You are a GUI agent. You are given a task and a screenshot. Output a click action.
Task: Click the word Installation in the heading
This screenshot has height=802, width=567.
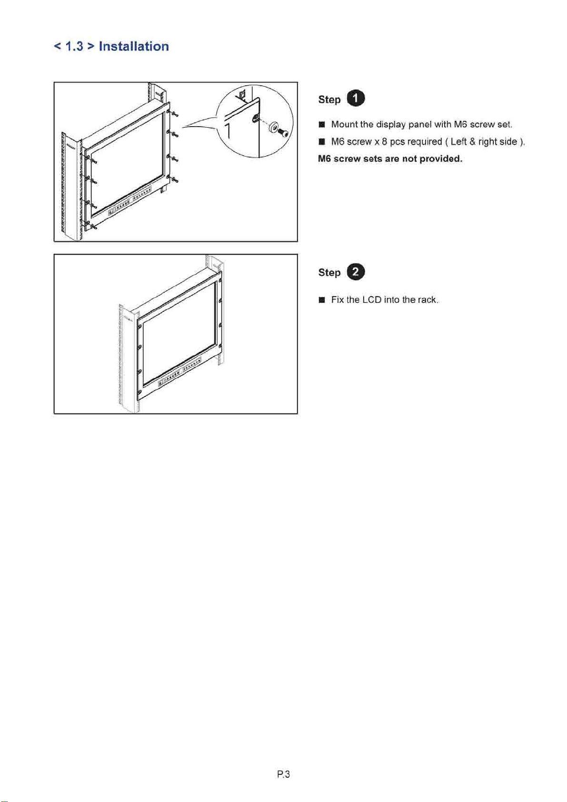[x=134, y=47]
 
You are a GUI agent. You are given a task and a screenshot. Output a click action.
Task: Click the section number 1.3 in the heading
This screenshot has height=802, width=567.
[x=74, y=47]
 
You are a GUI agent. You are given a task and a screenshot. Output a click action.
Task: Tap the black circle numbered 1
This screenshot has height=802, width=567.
[x=356, y=99]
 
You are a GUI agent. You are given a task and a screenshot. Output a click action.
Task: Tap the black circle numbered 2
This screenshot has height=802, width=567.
[x=356, y=272]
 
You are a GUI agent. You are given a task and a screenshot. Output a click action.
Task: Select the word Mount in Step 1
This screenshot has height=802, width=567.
[x=345, y=125]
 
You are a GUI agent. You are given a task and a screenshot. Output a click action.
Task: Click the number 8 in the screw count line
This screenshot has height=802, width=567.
[x=384, y=142]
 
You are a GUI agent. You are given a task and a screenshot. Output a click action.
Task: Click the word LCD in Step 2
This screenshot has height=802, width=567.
[x=372, y=300]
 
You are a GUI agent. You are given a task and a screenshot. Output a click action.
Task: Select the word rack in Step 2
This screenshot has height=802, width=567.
[x=427, y=300]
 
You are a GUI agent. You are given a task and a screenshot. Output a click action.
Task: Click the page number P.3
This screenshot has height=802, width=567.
[x=283, y=774]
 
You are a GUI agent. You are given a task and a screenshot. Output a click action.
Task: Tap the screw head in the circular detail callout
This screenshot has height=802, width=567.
[x=285, y=134]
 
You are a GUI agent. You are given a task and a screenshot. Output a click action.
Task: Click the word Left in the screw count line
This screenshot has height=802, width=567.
[x=459, y=142]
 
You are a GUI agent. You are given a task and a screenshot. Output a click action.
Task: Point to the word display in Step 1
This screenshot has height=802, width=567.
[x=391, y=125]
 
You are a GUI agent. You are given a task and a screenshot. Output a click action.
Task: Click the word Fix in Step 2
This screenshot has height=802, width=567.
[x=338, y=300]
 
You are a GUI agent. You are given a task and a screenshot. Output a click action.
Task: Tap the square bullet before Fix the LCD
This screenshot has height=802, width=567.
[x=322, y=300]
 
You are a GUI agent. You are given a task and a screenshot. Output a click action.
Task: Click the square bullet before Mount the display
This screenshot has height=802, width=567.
[x=322, y=125]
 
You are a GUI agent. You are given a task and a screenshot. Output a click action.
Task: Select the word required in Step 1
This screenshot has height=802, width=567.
[x=425, y=142]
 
